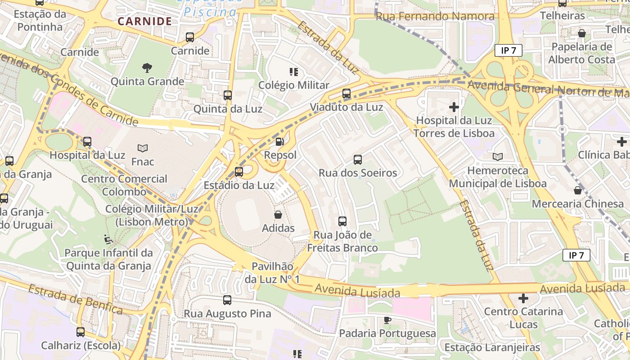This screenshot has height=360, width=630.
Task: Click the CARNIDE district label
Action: point(144,21)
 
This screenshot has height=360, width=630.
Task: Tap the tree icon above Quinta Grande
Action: point(147,68)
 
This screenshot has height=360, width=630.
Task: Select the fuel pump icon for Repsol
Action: point(280,142)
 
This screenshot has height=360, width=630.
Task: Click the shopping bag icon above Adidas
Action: point(278,215)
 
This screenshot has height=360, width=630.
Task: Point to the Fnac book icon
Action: point(143,148)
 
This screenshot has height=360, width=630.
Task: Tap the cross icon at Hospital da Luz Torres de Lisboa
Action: point(454,107)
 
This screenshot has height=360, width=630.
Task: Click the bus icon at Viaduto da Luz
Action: point(346,94)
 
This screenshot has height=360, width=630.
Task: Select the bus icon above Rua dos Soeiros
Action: point(358,159)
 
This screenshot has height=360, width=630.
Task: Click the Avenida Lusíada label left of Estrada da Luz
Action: point(357,291)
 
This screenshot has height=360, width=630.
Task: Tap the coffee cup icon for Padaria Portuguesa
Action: point(387,320)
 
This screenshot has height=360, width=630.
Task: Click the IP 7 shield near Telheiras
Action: point(508,50)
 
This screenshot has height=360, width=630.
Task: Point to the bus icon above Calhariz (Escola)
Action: point(81,332)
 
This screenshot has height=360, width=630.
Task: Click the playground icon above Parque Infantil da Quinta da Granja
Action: point(108,239)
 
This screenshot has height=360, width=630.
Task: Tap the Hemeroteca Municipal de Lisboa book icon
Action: point(497,157)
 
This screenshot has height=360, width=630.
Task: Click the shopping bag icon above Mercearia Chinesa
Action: point(578,190)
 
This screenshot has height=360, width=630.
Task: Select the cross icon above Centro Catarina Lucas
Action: point(523,298)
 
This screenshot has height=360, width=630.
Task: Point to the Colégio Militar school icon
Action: point(294,72)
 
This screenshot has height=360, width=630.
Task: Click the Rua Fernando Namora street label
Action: point(435,17)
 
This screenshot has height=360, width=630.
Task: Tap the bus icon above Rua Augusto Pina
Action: point(227,300)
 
